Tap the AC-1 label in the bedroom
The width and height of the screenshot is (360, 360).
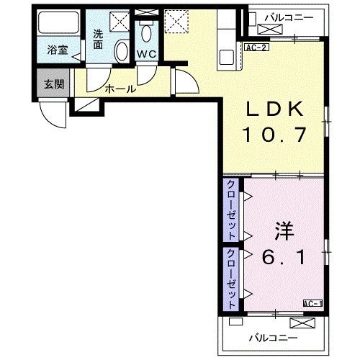312,303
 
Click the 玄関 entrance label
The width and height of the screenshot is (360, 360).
54,84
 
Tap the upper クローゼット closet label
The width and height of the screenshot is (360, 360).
231,211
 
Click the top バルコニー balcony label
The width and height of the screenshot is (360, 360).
287,15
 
